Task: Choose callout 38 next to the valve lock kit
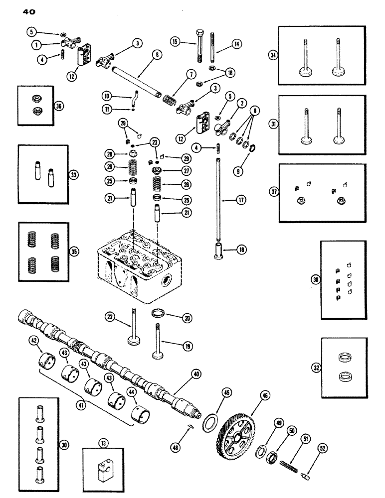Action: [315, 280]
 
